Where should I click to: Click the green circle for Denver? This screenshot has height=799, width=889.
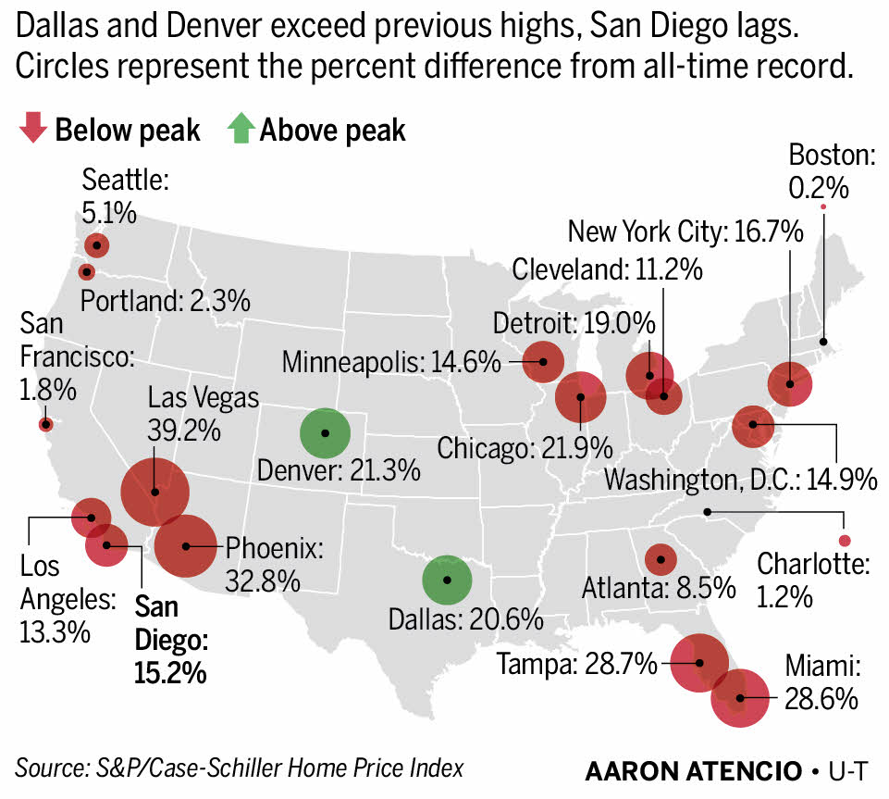point(325,432)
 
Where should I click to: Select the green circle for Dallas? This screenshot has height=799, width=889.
point(447,580)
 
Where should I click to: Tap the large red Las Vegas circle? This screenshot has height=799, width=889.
point(154,492)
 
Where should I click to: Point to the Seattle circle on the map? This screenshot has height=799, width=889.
point(96,245)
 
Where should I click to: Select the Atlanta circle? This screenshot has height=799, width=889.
point(660,558)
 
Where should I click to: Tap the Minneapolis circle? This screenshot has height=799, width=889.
point(543,361)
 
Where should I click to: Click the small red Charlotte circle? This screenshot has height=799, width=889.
point(843,541)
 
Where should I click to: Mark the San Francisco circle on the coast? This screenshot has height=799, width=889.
point(45,424)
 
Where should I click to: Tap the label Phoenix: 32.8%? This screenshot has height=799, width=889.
point(273,565)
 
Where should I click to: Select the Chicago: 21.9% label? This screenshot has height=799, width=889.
point(525,449)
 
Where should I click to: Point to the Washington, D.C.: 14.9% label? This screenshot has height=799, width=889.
point(739,480)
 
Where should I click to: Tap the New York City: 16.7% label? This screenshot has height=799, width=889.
point(685,231)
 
